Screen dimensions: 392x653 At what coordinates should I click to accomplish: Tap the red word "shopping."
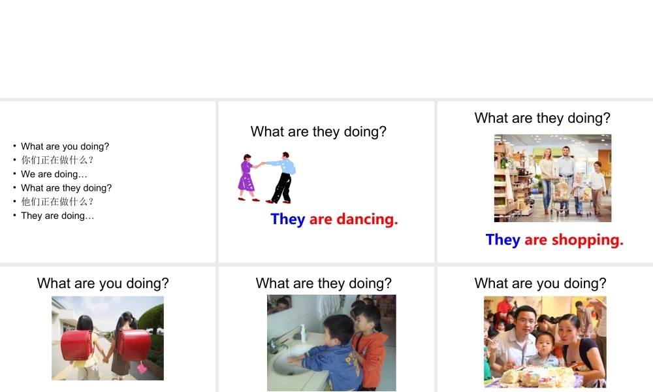tap(587, 240)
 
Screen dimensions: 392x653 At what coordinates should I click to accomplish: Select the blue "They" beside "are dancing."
tap(288, 220)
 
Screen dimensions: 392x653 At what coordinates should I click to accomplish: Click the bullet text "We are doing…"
tap(54, 174)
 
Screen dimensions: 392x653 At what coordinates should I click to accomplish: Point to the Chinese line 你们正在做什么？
tap(58, 160)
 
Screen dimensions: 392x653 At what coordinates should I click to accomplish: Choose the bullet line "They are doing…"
tap(57, 216)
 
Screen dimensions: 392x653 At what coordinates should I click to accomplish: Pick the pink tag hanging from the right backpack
tap(142, 368)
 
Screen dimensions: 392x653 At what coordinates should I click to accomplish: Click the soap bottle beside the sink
tap(303, 333)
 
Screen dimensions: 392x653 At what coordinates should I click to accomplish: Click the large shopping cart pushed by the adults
tap(560, 196)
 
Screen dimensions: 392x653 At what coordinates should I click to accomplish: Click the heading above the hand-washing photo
tap(324, 284)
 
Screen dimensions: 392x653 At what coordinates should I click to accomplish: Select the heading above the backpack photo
tap(103, 284)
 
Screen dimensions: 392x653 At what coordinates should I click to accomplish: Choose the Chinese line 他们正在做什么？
tap(58, 202)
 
